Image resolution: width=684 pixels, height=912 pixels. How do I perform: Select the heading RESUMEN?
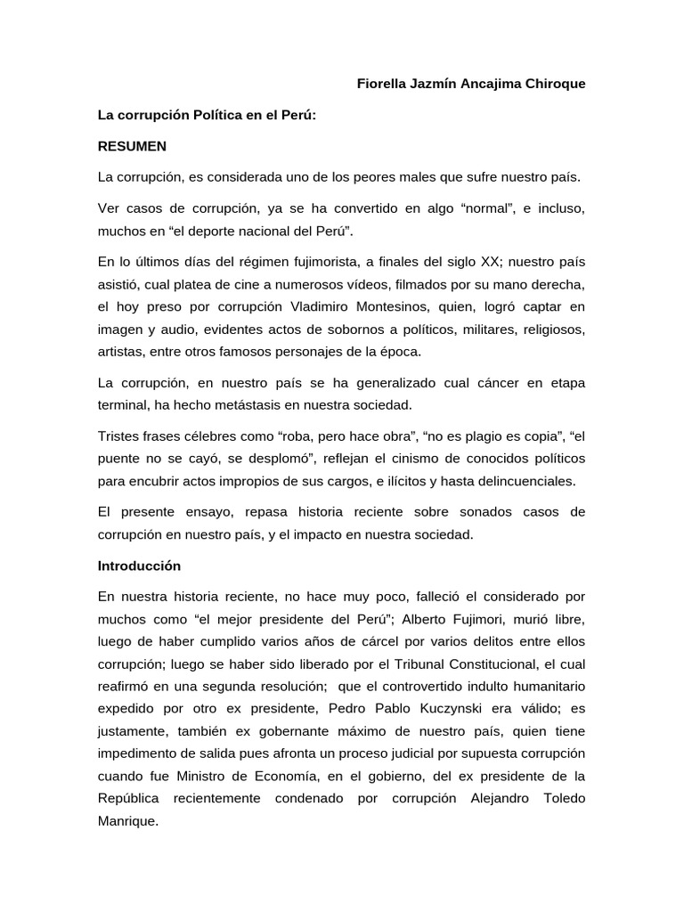[133, 145]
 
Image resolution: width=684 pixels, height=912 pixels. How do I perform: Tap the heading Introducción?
[140, 566]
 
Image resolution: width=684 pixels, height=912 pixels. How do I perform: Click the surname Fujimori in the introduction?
[480, 619]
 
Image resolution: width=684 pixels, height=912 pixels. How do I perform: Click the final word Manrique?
[127, 820]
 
